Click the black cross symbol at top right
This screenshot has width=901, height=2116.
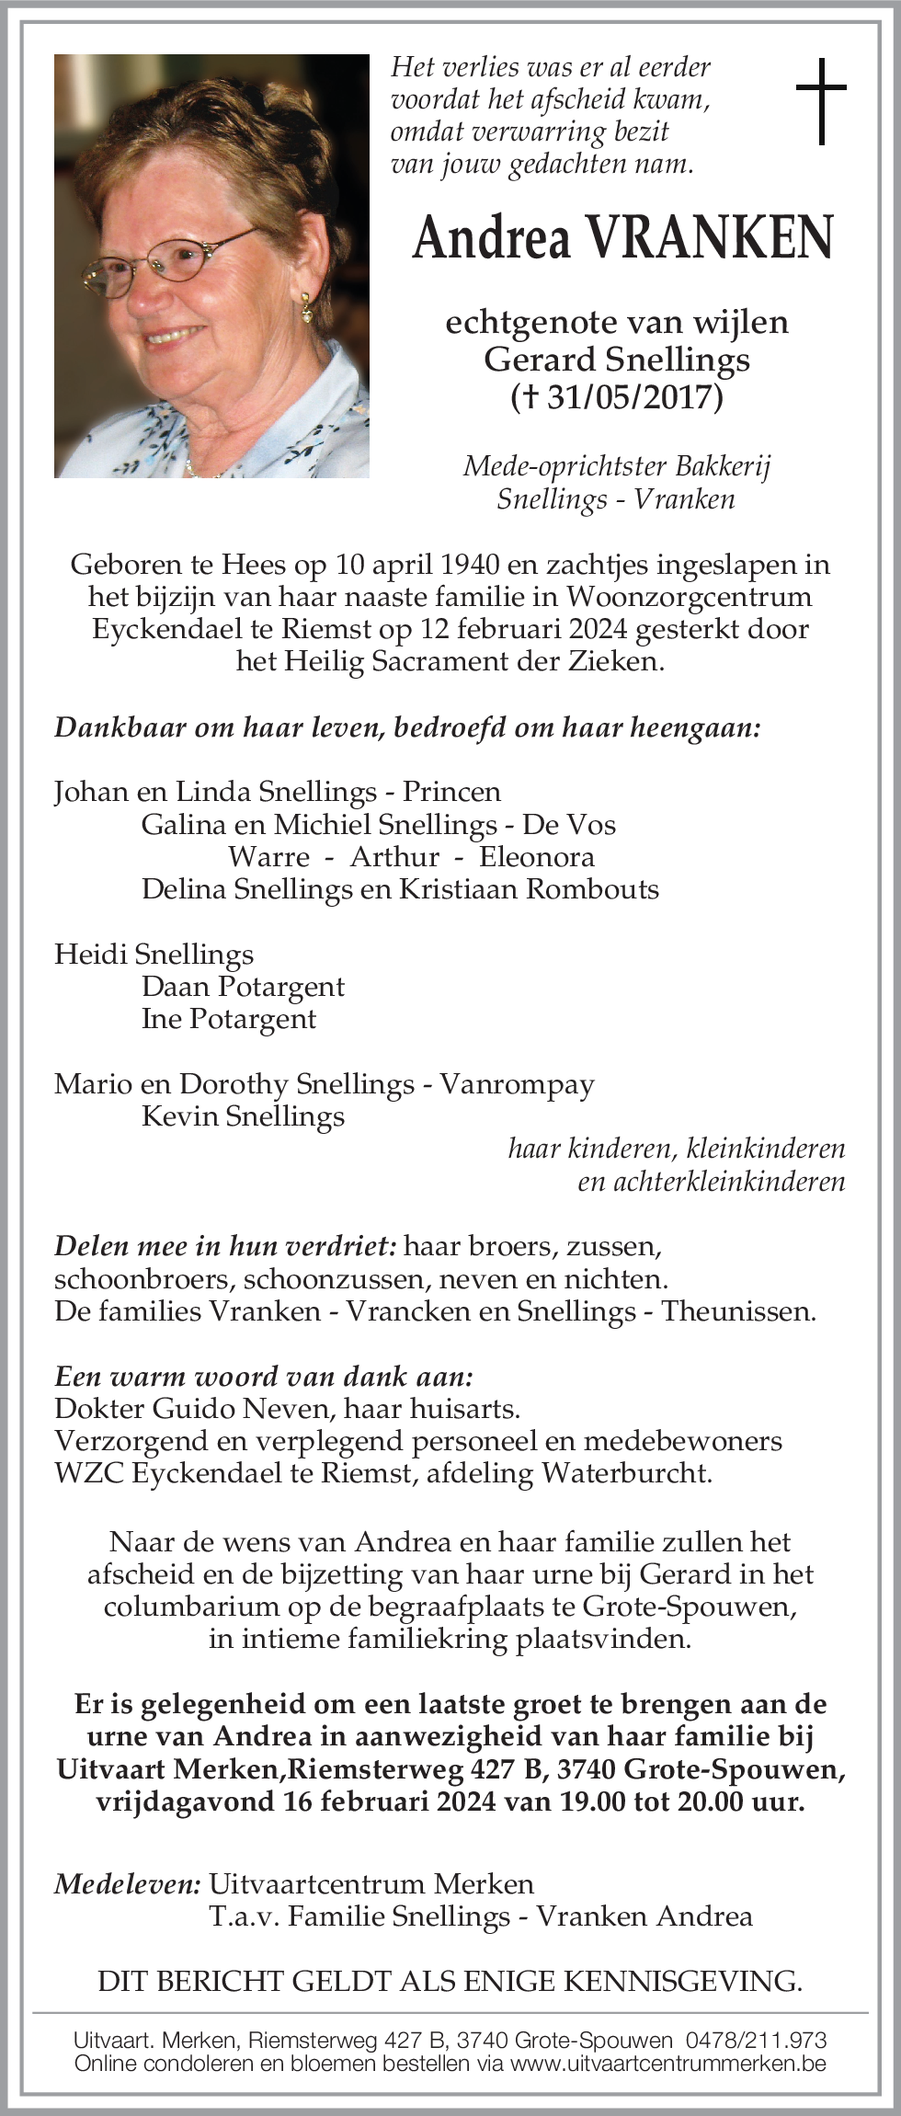click(820, 101)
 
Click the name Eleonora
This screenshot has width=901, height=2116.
click(537, 857)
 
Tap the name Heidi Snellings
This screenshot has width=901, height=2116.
click(154, 955)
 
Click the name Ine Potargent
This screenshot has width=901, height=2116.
click(229, 1019)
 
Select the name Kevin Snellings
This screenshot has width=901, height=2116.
click(244, 1116)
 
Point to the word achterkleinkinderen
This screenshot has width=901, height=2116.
click(711, 1182)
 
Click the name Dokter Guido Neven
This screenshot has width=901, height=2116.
click(207, 1409)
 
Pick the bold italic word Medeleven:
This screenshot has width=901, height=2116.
click(128, 1884)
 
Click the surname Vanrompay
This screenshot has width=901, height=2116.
click(517, 1084)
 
